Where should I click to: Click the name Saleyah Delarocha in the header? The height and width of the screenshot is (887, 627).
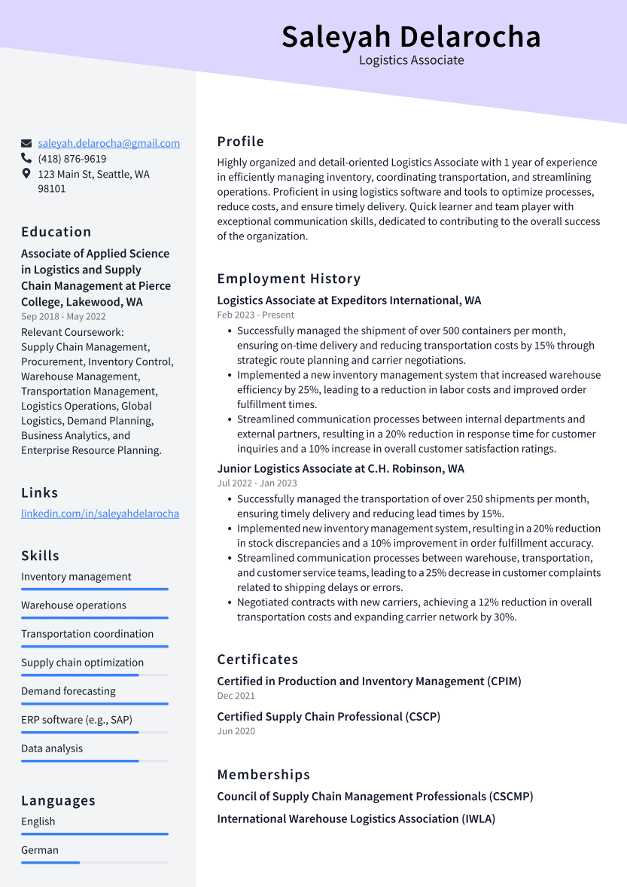(x=411, y=36)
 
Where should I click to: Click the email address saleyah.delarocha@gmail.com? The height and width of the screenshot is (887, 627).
(x=108, y=143)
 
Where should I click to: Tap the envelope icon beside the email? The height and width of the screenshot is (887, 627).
(x=26, y=143)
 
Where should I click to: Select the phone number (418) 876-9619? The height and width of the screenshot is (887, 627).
(x=72, y=159)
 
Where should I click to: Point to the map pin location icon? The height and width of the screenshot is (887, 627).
(x=26, y=174)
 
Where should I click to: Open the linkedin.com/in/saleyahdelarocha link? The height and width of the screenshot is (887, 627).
(x=100, y=514)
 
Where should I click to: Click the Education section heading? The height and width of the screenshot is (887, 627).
(x=56, y=232)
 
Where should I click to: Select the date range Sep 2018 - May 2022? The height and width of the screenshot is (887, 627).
(x=63, y=317)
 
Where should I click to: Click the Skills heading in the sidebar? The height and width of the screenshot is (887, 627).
(x=40, y=556)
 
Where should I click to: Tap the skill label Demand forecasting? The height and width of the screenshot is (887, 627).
(x=68, y=691)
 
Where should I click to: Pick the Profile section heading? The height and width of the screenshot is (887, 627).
(x=240, y=142)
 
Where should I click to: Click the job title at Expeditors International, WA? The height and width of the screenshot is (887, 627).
(x=349, y=300)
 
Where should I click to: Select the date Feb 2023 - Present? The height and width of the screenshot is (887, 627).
(x=256, y=315)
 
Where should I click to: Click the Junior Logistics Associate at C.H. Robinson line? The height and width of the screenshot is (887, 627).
(x=340, y=468)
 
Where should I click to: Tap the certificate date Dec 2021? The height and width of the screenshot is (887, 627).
(x=236, y=696)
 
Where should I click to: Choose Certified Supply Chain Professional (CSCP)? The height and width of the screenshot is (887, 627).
(x=328, y=717)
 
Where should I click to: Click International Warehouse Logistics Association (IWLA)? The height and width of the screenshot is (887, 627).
(x=356, y=818)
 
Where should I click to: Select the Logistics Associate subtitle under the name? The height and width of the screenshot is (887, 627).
(x=411, y=60)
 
